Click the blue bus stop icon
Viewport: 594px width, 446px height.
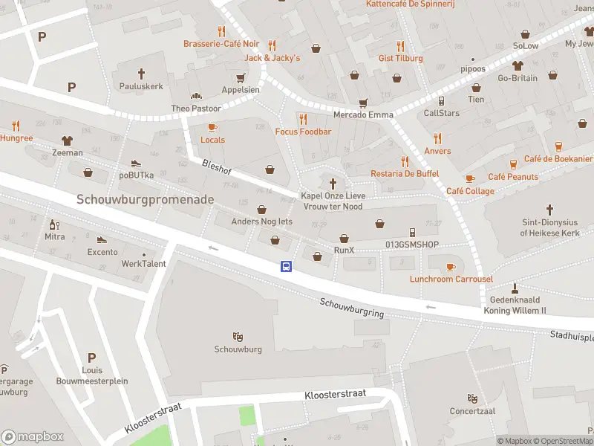(286, 267)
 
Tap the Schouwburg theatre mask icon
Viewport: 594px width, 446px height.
(238, 337)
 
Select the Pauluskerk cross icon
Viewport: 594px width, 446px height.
(141, 73)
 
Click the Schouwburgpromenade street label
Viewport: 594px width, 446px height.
(146, 200)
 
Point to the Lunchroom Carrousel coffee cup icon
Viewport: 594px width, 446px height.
(451, 267)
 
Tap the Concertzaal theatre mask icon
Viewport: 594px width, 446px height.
(471, 398)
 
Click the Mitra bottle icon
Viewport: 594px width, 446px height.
(54, 224)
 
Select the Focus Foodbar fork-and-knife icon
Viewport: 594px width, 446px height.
(303, 119)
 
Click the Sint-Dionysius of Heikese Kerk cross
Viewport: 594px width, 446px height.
(549, 210)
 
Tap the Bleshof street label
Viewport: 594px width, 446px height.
(217, 167)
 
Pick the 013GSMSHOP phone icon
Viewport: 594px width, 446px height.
(413, 233)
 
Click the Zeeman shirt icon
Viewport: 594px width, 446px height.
(68, 140)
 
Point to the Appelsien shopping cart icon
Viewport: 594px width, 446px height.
(240, 77)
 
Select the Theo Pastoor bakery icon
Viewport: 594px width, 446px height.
(196, 96)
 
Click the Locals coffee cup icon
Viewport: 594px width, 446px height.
(212, 127)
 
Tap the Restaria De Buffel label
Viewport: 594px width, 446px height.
(405, 174)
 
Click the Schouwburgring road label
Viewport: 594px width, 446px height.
(352, 308)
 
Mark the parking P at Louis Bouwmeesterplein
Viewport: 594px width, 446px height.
(91, 358)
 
